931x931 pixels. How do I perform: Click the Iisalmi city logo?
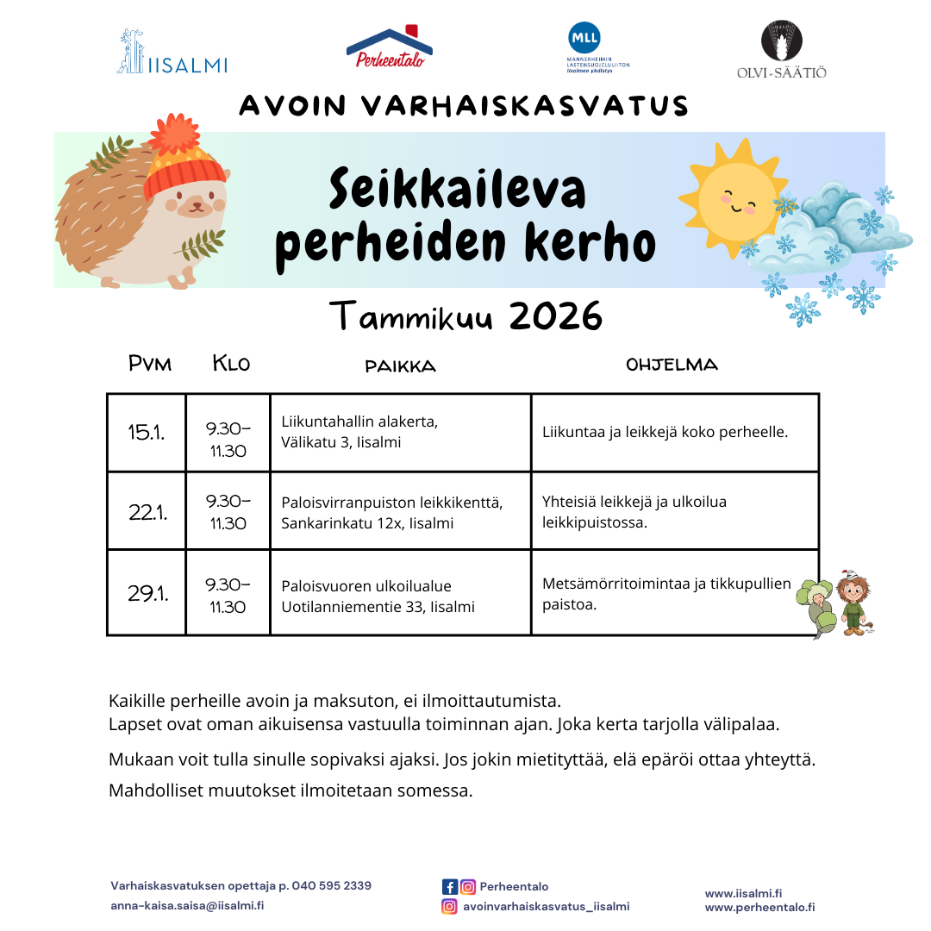(x=172, y=53)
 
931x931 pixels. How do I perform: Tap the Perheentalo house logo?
(x=389, y=47)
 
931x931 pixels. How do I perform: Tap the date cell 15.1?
(x=147, y=433)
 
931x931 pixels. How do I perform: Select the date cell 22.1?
(x=147, y=512)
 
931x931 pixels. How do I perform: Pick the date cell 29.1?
(x=147, y=593)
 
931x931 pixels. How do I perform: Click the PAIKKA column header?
(x=400, y=366)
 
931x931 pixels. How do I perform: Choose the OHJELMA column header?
(x=672, y=365)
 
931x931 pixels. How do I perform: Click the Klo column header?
(x=231, y=364)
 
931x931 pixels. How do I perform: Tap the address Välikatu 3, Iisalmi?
(x=341, y=442)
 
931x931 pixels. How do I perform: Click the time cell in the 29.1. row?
(x=228, y=595)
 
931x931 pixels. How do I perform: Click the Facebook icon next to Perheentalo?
(x=449, y=886)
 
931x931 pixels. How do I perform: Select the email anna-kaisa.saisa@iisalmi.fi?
(x=187, y=906)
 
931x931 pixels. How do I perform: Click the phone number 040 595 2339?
(x=332, y=886)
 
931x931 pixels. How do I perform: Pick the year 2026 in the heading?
(x=555, y=317)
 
